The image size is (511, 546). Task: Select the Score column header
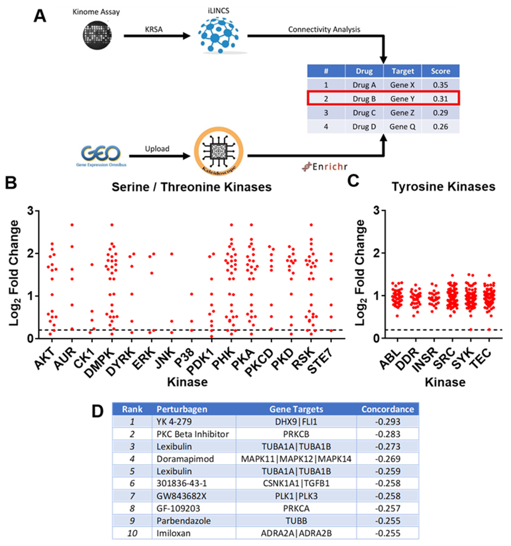440,71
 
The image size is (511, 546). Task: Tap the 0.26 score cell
440,127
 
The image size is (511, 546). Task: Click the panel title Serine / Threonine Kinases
191,187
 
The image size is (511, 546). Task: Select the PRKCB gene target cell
296,434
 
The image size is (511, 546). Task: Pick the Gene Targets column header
296,409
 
